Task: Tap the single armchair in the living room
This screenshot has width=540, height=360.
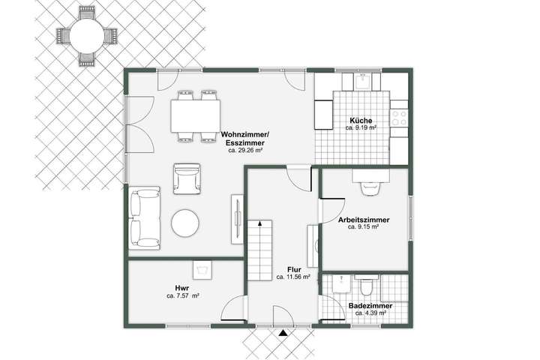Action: [186, 178]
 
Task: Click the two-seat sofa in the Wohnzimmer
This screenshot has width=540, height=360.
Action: [144, 217]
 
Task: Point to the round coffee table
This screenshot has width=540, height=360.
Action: [185, 223]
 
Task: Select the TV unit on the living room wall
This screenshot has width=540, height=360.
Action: [236, 218]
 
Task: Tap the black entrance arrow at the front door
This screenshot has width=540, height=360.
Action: [282, 331]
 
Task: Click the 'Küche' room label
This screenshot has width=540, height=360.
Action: [361, 121]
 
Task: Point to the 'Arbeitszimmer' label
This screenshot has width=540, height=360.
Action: [363, 220]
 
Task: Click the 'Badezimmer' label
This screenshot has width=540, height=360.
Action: [367, 305]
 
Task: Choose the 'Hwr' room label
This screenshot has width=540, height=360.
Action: [181, 288]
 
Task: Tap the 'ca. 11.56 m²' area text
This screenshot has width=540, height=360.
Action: [293, 277]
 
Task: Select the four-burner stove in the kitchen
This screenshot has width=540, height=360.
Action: [399, 118]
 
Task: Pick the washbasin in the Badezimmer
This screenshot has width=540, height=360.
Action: [341, 284]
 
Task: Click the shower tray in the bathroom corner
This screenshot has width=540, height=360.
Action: [394, 288]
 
